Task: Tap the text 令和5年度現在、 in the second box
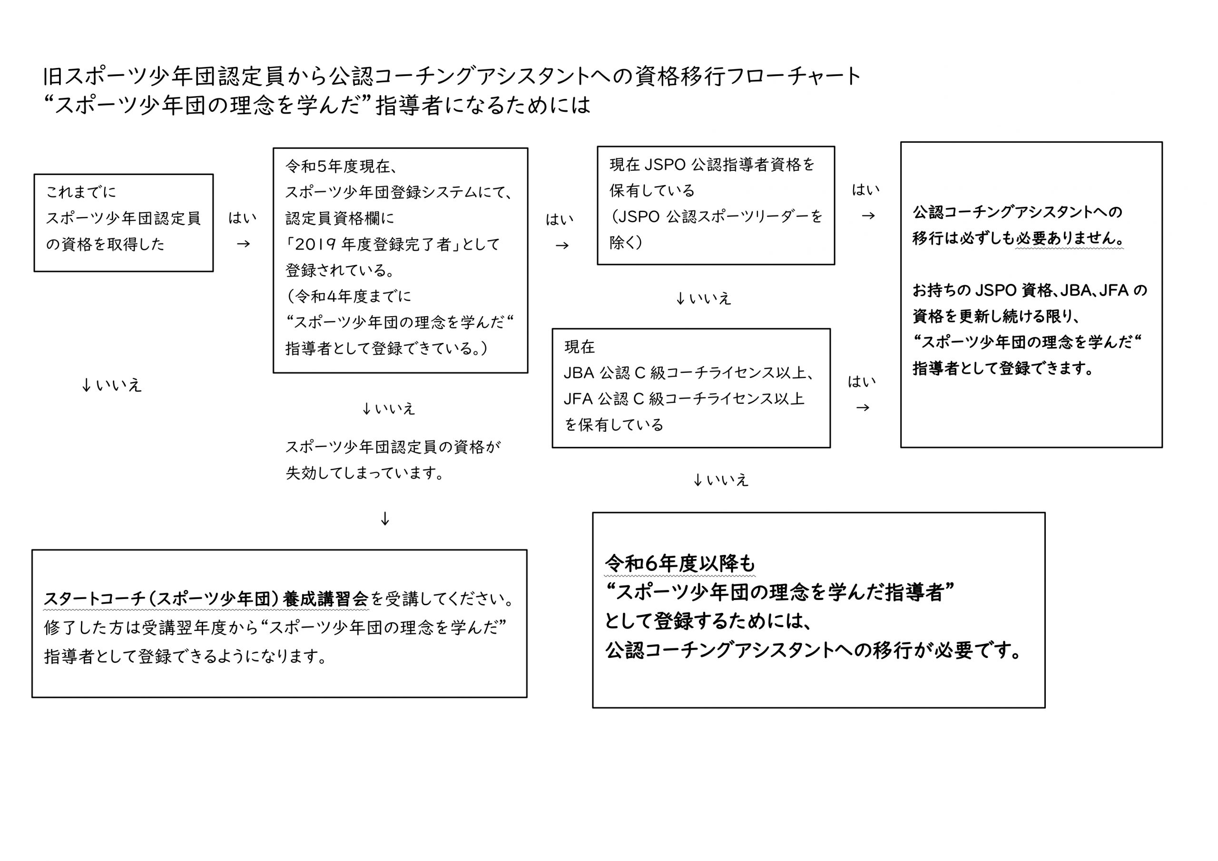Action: click(x=342, y=166)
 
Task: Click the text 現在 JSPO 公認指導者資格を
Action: click(x=712, y=165)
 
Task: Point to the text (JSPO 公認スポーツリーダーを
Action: click(x=716, y=216)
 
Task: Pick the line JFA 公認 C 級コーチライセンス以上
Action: click(x=684, y=399)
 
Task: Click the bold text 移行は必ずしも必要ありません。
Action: click(x=1018, y=238)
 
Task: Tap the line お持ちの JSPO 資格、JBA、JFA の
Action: click(x=1030, y=290)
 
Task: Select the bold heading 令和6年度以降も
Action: click(x=679, y=563)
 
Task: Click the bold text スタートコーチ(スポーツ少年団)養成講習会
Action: click(x=206, y=599)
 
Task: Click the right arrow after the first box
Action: click(x=243, y=244)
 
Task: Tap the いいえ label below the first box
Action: click(x=118, y=386)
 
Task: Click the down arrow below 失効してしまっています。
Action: click(x=385, y=519)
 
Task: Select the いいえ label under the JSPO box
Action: click(x=710, y=299)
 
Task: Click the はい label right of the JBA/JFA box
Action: click(x=862, y=382)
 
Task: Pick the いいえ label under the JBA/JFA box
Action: click(x=727, y=480)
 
